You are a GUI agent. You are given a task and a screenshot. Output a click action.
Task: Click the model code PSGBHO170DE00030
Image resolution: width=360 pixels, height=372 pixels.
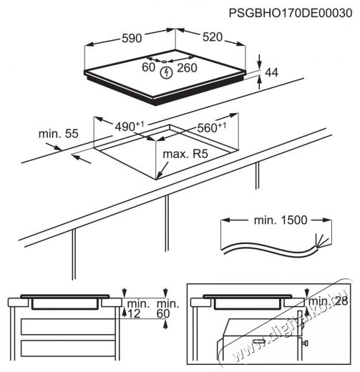(x=291, y=13)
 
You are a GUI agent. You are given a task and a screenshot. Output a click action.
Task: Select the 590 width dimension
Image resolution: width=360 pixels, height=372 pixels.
(x=132, y=38)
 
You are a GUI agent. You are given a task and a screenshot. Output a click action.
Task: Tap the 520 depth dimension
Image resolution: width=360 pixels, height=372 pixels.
(x=213, y=37)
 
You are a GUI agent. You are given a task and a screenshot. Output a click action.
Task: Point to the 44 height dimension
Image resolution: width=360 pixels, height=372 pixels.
(x=271, y=72)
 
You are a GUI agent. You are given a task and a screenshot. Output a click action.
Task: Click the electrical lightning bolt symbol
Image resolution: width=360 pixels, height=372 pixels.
(x=166, y=73)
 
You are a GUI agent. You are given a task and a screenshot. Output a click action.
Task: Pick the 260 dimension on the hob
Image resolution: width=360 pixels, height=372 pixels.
(x=187, y=68)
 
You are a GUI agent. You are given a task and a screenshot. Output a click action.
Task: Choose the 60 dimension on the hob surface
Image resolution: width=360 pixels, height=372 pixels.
(x=148, y=67)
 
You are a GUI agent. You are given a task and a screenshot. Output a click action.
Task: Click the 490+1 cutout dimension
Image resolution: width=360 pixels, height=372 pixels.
(x=130, y=126)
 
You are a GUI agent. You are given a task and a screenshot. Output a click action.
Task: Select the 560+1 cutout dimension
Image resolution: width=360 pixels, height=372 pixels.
(x=212, y=127)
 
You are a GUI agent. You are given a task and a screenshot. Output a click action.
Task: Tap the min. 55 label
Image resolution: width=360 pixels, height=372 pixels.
(x=59, y=134)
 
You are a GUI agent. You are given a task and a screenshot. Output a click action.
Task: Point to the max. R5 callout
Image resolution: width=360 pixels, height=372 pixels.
(x=185, y=154)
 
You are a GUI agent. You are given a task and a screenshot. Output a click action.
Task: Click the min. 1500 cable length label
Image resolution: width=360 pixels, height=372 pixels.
(x=281, y=220)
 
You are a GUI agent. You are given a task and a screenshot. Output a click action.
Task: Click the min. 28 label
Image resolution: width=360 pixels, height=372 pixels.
(x=329, y=301)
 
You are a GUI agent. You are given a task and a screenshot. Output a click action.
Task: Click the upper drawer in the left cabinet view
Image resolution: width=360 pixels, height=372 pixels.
(x=68, y=327)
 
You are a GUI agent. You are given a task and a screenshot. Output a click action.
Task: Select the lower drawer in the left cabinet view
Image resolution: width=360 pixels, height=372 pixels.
(x=68, y=348)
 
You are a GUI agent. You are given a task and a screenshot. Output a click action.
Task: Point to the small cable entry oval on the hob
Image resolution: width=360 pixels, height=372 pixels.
(x=164, y=62)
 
